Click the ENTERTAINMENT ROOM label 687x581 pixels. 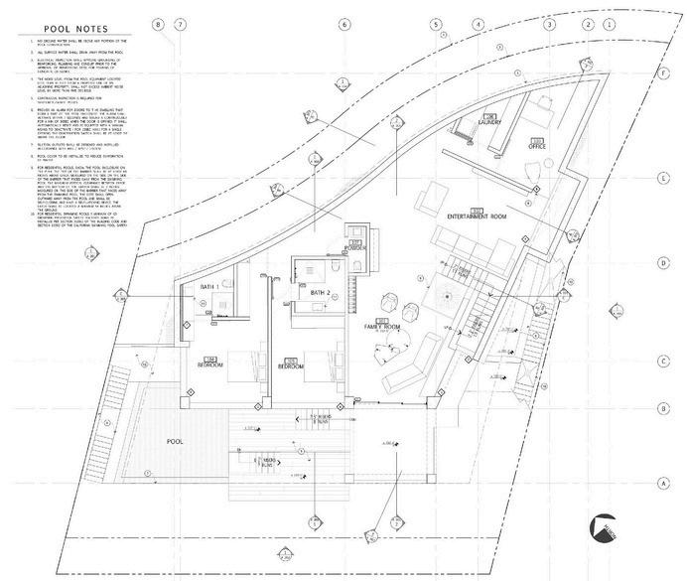(478, 216)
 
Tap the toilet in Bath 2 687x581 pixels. (339, 271)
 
